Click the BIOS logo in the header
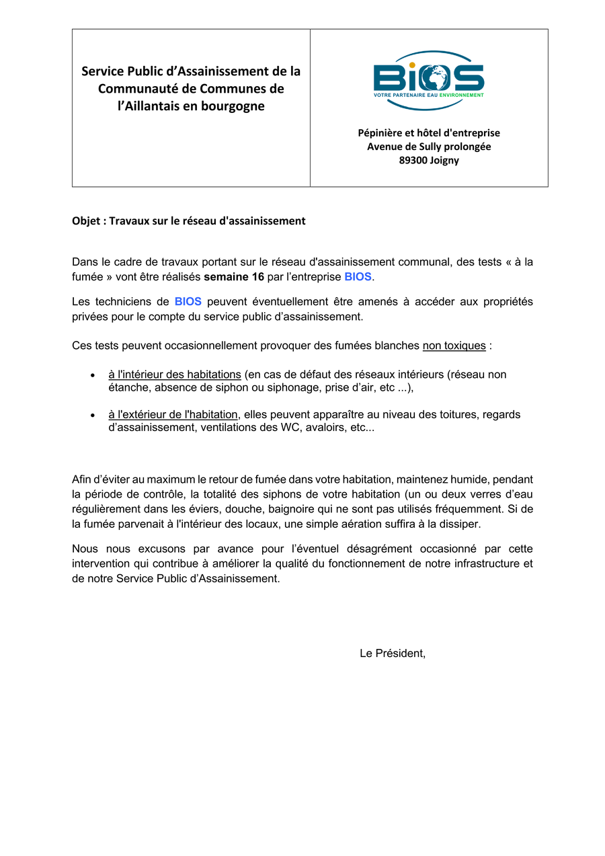coord(429,74)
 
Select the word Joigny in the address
coord(445,161)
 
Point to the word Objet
coord(87,221)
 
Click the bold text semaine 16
coord(234,277)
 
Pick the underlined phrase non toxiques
coord(454,346)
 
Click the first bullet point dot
coord(92,375)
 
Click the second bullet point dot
coord(92,416)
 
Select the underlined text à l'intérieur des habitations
coord(175,375)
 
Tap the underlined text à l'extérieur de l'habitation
coord(173,415)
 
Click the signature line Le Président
coord(393,653)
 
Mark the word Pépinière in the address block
coord(380,133)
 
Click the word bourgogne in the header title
coord(231,106)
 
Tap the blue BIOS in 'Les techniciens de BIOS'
coord(188,302)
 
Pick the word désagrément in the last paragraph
coord(365,549)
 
